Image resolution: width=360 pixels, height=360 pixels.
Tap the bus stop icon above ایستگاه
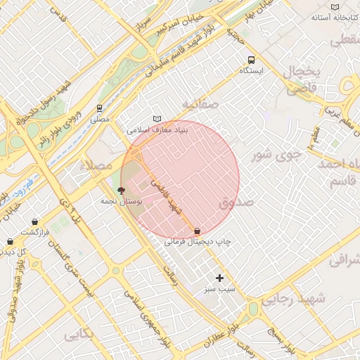pos(251,60)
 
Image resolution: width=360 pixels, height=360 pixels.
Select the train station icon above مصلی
pos(99,108)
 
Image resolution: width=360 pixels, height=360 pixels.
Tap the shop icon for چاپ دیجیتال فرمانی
pos(197,230)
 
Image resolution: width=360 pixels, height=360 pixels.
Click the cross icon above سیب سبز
pos(220,278)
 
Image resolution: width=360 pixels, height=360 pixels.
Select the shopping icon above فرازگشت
pos(34,221)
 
